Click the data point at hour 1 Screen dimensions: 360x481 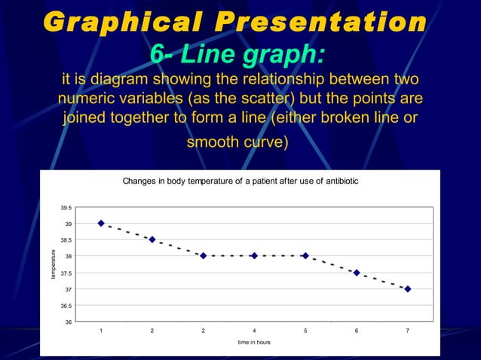[101, 224]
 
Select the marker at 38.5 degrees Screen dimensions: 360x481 [152, 239]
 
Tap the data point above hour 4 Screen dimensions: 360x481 [254, 256]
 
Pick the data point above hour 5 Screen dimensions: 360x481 [305, 256]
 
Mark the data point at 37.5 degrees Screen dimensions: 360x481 [357, 273]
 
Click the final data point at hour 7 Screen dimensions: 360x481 [408, 288]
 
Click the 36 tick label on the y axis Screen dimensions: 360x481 [69, 322]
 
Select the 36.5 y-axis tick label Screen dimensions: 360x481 [66, 306]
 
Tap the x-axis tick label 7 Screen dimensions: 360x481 [408, 330]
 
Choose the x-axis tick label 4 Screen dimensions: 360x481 [254, 330]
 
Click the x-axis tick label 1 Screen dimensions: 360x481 [101, 330]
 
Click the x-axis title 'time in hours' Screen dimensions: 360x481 [254, 342]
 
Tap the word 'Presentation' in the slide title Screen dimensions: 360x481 [320, 22]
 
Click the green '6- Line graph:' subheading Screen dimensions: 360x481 [238, 54]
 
